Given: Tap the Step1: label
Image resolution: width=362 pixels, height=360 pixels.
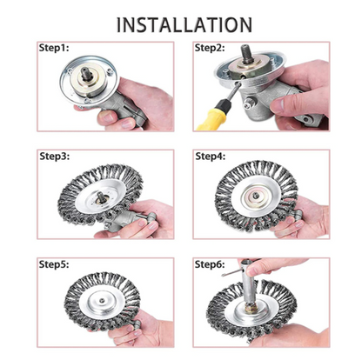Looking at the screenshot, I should tap(54, 50).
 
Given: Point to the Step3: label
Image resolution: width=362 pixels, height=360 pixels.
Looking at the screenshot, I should tap(54, 157).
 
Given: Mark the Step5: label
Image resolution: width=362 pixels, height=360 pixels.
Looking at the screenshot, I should tap(54, 263).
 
